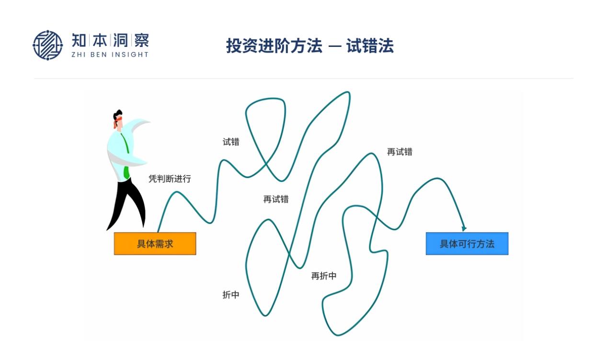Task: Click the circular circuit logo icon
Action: pos(47,45)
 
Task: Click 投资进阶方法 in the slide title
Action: pos(274,46)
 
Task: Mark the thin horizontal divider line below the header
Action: pos(303,79)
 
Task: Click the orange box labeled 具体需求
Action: pos(155,244)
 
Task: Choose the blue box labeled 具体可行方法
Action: pos(467,244)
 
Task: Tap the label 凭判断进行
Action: pos(170,179)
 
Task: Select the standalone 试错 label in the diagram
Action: pos(231,142)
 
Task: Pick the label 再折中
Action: pos(324,276)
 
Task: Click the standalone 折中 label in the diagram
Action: pos(231,295)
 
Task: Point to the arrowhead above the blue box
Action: pos(464,228)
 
